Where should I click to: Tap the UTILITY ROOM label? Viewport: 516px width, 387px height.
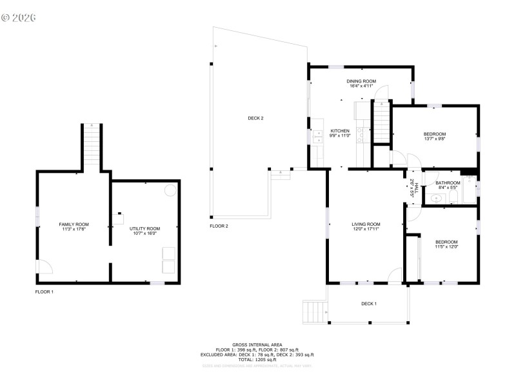click(x=144, y=228)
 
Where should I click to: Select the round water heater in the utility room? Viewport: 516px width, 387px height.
click(x=170, y=191)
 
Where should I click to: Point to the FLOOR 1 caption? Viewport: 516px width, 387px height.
click(x=45, y=292)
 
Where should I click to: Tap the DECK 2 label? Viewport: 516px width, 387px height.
click(x=255, y=118)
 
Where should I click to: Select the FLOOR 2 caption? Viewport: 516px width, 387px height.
click(x=219, y=226)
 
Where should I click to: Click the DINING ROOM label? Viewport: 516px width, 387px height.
click(x=361, y=81)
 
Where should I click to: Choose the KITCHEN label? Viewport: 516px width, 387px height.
click(x=339, y=131)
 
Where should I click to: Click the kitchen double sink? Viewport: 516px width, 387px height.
click(x=318, y=135)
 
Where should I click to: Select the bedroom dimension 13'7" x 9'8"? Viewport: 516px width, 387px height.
click(x=435, y=138)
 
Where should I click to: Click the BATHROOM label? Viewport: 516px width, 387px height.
click(x=448, y=183)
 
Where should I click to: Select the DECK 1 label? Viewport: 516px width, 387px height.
click(x=368, y=304)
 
